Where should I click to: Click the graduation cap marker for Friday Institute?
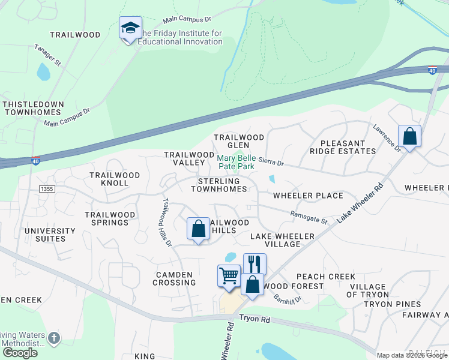tap(130, 29)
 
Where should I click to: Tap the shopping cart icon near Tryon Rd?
tap(229, 277)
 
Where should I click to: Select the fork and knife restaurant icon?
tap(255, 264)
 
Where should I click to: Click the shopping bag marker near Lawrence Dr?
tap(410, 136)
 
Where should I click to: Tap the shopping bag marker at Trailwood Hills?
tap(198, 229)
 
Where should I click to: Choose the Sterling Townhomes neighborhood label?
tap(219, 185)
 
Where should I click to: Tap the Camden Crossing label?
tap(175, 278)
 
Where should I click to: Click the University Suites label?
tap(50, 235)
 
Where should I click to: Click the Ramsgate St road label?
tap(309, 217)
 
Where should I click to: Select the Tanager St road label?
tap(48, 53)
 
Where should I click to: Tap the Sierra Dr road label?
tap(271, 163)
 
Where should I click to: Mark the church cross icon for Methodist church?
tap(54, 339)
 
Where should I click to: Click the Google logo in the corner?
tap(20, 353)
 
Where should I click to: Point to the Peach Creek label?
tap(318, 277)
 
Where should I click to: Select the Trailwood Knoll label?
tap(115, 179)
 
